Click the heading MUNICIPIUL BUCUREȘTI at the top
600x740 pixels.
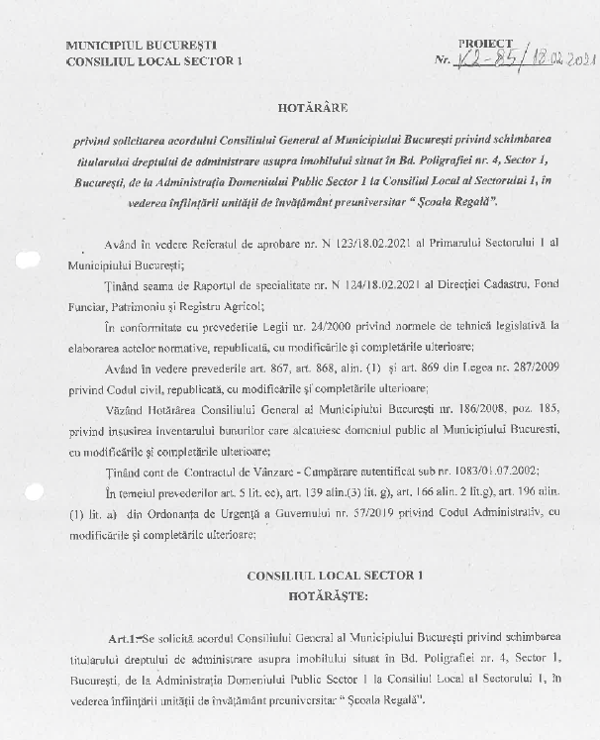click(x=141, y=46)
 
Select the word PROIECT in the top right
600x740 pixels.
click(x=485, y=45)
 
